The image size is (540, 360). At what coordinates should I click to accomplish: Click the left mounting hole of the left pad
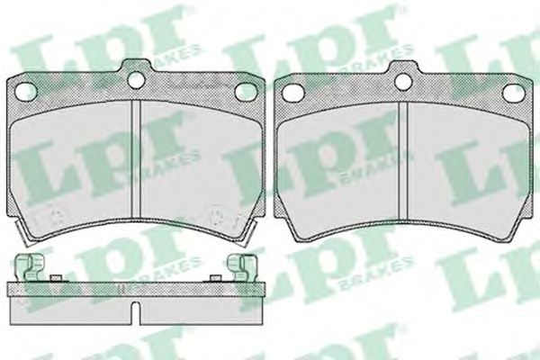point(26,91)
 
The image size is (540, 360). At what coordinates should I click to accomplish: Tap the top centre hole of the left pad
point(136,80)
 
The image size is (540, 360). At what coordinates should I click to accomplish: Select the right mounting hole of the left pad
point(245,93)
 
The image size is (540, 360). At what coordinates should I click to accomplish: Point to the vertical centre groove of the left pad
point(137,159)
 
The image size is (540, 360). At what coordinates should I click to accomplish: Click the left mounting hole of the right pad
point(292,92)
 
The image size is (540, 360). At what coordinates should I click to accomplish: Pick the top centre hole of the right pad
point(403,82)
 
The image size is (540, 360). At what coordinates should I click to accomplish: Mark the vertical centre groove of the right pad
point(403,160)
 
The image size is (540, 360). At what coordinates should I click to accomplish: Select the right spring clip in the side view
point(242,267)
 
